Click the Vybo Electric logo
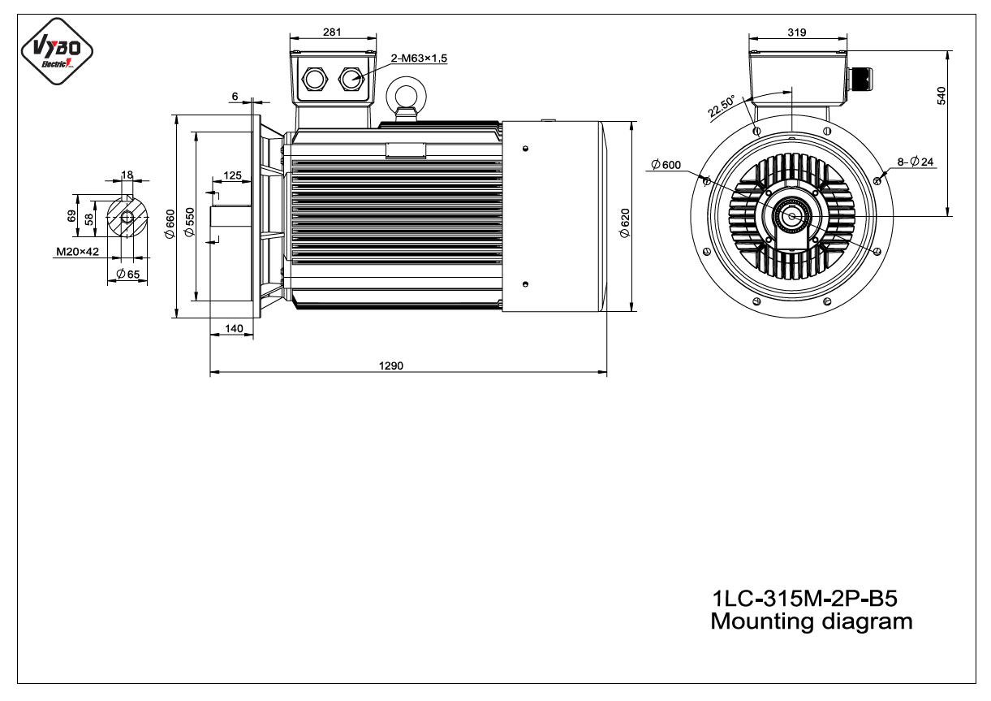tap(57, 51)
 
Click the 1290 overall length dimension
tap(391, 366)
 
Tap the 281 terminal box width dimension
tap(332, 32)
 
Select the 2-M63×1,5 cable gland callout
tap(419, 58)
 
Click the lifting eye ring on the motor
tap(406, 96)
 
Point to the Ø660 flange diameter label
tap(170, 224)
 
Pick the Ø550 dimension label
tap(189, 223)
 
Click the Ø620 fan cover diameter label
tap(625, 223)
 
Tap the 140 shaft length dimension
tap(234, 329)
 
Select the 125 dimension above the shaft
tap(232, 175)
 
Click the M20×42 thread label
tap(77, 252)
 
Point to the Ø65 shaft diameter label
tap(128, 274)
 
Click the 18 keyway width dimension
tap(127, 175)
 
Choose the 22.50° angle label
tap(721, 106)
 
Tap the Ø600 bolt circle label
tap(666, 165)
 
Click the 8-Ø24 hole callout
tap(916, 162)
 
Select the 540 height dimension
tap(941, 96)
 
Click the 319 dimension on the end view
tap(797, 32)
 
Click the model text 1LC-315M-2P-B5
tap(805, 599)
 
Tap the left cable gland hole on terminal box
tap(315, 80)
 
